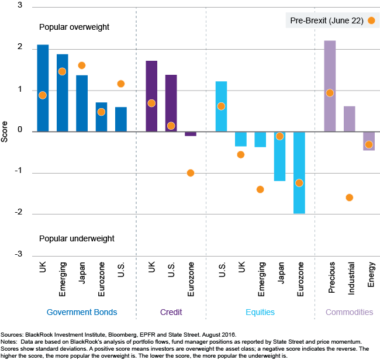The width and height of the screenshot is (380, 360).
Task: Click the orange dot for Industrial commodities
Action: [x=349, y=198]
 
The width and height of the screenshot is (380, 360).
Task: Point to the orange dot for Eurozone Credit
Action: [x=191, y=173]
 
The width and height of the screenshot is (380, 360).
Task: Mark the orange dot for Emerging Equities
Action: [x=260, y=189]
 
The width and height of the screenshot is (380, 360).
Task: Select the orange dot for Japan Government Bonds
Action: [x=82, y=65]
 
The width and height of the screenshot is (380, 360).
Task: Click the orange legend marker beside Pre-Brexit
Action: [x=371, y=21]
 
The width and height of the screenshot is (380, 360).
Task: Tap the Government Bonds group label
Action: [x=82, y=312]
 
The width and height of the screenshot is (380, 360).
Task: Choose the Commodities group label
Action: [x=349, y=312]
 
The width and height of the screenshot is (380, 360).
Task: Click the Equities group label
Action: [x=259, y=312]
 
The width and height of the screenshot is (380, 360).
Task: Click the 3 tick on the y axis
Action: [x=20, y=6]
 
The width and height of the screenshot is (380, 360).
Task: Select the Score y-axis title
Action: [x=5, y=131]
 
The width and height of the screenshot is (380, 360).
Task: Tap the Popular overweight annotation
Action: [x=74, y=27]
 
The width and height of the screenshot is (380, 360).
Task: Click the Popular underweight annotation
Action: [x=77, y=238]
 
